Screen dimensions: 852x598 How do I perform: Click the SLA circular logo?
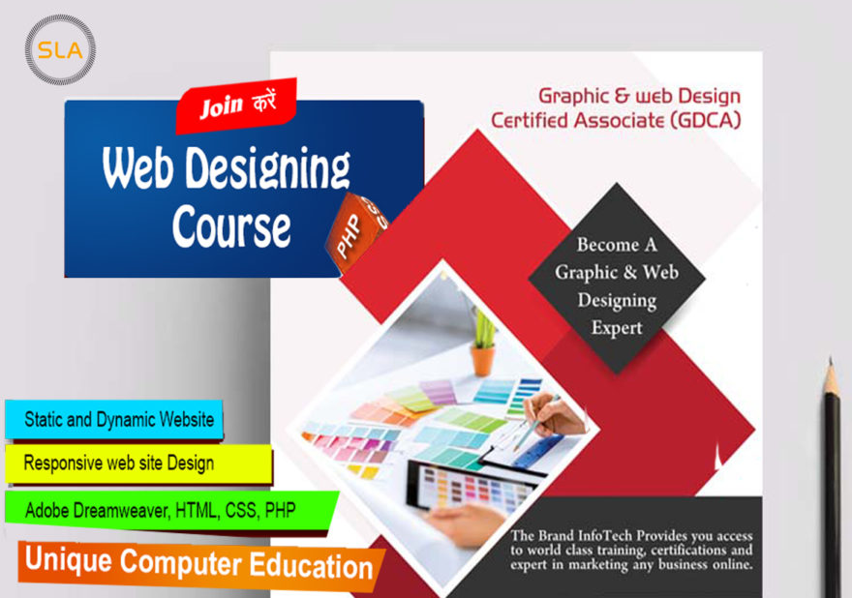point(60,49)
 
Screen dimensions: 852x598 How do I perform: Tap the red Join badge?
point(236,105)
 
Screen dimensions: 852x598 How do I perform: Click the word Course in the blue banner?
point(231,226)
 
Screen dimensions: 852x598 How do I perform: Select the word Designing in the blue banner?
point(267,168)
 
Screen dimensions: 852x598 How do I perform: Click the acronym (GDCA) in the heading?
point(705,120)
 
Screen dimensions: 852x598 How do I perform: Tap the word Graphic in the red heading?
point(574,96)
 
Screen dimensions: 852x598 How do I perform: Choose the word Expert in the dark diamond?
point(617,328)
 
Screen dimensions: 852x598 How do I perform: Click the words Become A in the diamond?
point(617,245)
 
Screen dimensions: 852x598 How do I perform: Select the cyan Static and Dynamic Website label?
point(114,419)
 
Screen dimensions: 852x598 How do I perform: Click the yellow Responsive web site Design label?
point(138,463)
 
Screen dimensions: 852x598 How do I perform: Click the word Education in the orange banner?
point(312,565)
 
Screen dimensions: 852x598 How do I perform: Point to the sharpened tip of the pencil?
point(831,359)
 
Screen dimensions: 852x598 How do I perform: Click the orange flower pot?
point(482,360)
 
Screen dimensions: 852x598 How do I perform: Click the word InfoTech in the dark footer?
point(605,535)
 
